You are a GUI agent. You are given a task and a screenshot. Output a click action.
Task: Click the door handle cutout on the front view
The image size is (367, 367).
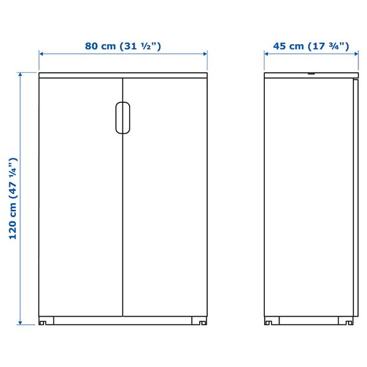coord(122,117)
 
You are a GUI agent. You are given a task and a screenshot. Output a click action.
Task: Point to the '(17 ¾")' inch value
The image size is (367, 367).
coord(328,46)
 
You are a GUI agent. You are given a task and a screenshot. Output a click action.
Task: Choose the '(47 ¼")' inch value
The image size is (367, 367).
coord(13,176)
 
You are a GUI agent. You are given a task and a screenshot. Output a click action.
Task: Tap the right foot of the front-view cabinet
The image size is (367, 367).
coord(199,321)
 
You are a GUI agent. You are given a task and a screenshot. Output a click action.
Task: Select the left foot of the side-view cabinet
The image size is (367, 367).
coord(273,321)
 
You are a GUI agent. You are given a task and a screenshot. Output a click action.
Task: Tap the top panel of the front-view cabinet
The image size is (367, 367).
coord(123,75)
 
